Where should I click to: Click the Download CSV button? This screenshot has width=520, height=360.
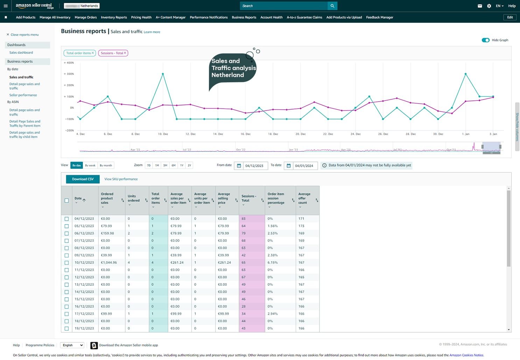pyautogui.click(x=83, y=179)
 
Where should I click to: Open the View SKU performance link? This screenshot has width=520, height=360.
pyautogui.click(x=121, y=179)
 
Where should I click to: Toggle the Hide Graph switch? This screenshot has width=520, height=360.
pyautogui.click(x=485, y=40)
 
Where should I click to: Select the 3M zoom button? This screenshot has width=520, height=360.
pyautogui.click(x=165, y=165)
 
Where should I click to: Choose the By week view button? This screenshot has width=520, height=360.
pyautogui.click(x=90, y=165)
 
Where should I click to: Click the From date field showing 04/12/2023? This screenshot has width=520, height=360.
pyautogui.click(x=254, y=166)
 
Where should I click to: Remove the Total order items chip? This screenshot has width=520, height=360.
pyautogui.click(x=93, y=53)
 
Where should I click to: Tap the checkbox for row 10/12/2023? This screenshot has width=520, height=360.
pyautogui.click(x=66, y=263)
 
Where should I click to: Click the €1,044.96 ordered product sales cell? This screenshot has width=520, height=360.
pyautogui.click(x=109, y=263)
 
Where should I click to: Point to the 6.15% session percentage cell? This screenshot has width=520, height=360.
pyautogui.click(x=273, y=263)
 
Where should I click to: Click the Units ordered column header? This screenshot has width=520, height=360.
pyautogui.click(x=133, y=199)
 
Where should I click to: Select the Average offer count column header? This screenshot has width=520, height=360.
pyautogui.click(x=304, y=199)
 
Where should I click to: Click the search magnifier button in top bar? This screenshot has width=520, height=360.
pyautogui.click(x=332, y=6)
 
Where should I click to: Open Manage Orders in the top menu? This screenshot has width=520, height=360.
pyautogui.click(x=85, y=17)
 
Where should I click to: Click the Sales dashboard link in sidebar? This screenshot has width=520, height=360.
pyautogui.click(x=21, y=53)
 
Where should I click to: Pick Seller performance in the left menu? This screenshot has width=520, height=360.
pyautogui.click(x=23, y=95)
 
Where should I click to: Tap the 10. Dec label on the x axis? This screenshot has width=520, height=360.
pyautogui.click(x=163, y=134)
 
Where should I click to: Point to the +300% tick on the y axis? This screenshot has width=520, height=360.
pyautogui.click(x=69, y=74)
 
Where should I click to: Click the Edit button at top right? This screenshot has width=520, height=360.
pyautogui.click(x=510, y=17)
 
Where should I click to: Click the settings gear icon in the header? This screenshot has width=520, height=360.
pyautogui.click(x=489, y=6)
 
